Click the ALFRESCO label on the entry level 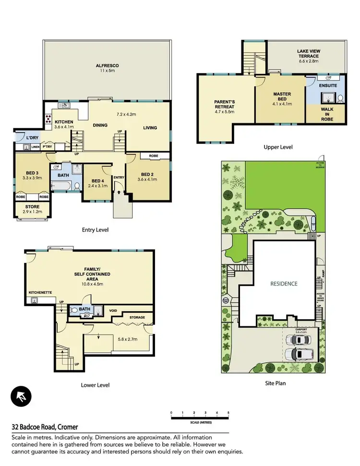click(108, 65)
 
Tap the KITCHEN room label click(63, 122)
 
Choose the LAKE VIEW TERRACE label click(308, 53)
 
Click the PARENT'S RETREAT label click(224, 104)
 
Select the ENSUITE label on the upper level click(328, 85)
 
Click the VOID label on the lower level click(114, 310)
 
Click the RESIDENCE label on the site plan click(284, 284)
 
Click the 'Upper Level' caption click(278, 147)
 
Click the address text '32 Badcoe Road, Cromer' click(45, 427)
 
